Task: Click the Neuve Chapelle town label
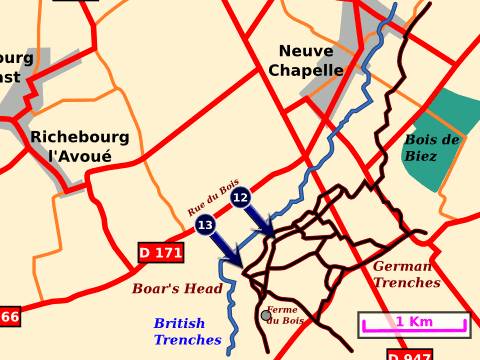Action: (306, 60)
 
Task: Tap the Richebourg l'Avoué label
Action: (80, 146)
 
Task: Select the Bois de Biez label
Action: (432, 148)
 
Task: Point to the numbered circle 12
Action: (240, 198)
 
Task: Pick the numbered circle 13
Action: (205, 225)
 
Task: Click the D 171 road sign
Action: (160, 253)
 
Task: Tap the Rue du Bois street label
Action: (213, 197)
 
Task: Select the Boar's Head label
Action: (177, 288)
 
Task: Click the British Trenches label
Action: (187, 331)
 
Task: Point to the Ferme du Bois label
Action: (286, 315)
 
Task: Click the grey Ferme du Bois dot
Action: (266, 315)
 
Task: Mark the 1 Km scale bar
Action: (414, 322)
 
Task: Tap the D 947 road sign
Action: (409, 355)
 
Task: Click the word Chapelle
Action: (306, 70)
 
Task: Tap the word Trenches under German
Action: (406, 283)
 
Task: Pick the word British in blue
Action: (180, 323)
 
